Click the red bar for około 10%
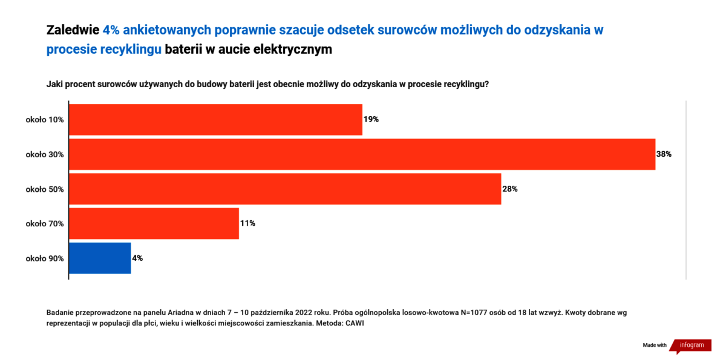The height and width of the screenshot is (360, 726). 215,120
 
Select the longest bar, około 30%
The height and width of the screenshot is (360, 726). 362,154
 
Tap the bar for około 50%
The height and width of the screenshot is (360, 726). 285,189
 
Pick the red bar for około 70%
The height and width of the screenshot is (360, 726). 154,224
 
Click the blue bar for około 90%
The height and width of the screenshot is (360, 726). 100,258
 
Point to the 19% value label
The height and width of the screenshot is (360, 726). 371,120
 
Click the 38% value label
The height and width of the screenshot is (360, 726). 664,154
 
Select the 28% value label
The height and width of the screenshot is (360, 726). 510,189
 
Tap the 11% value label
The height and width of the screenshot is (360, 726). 247,223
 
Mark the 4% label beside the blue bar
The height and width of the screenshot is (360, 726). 137,258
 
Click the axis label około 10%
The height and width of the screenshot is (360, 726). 45,120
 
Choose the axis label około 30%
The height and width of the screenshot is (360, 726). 45,154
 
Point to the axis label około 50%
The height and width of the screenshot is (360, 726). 45,189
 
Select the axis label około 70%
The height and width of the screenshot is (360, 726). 45,224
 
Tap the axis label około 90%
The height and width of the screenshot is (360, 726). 45,258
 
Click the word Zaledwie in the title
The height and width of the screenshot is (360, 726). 73,30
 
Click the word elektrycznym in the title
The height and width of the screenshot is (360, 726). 293,50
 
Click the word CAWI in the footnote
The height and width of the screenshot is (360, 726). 355,323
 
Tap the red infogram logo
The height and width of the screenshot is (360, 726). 690,345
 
